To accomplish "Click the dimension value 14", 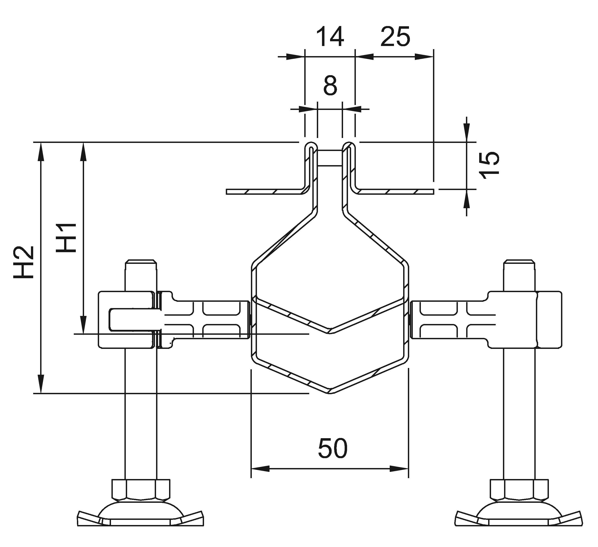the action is point(330,37).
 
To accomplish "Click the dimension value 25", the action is point(395,37).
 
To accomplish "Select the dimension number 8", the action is point(330,85).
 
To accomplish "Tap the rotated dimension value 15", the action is point(490,165).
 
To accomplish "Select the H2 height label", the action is point(24,262).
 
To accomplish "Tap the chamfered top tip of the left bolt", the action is point(141,262).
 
